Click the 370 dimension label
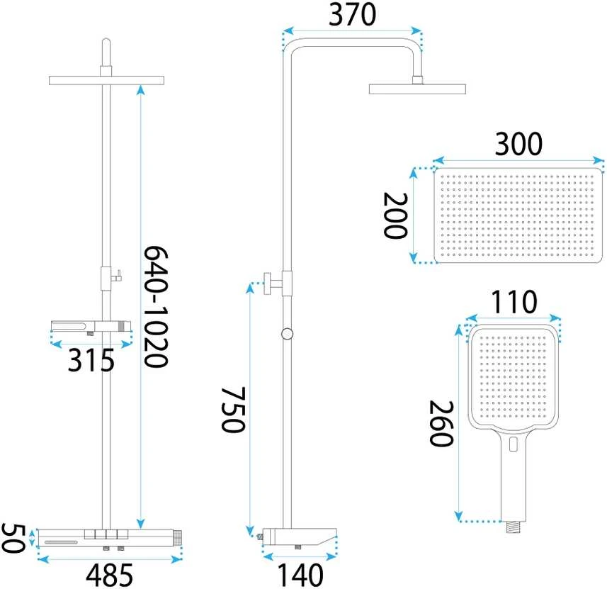point(352,15)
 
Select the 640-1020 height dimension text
point(156,306)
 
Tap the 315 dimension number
point(91,360)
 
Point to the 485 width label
point(110,575)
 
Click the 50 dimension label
point(13,538)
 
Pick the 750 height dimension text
point(233,409)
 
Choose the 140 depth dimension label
point(300,576)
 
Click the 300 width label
point(518,144)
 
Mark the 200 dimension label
point(395,215)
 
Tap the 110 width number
point(514,301)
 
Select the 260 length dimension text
point(441,424)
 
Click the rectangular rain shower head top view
point(518,215)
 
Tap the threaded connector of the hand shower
point(514,527)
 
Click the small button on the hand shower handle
point(514,444)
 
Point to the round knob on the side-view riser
point(287,334)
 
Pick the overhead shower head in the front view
point(106,80)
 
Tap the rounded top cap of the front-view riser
point(106,42)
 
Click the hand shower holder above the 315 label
point(91,326)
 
